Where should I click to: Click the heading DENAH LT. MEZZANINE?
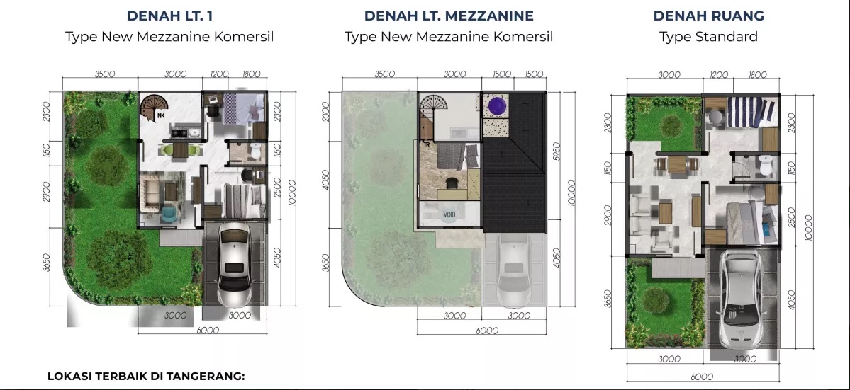(449, 16)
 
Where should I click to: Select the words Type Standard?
(708, 37)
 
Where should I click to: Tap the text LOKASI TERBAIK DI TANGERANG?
(146, 376)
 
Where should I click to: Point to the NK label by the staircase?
(161, 115)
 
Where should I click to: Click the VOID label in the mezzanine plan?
(449, 214)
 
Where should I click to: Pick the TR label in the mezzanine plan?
(426, 145)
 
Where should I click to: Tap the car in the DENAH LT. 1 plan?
(235, 263)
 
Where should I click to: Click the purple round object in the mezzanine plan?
(497, 105)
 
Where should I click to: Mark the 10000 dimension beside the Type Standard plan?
(808, 226)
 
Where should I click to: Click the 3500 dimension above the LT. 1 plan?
(105, 74)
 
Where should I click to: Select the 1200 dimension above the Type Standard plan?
(719, 75)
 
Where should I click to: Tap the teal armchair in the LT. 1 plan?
(169, 214)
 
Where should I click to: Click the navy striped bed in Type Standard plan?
(752, 113)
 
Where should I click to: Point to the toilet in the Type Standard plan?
(766, 166)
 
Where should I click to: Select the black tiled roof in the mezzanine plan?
(513, 162)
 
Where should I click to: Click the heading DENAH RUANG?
(708, 16)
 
